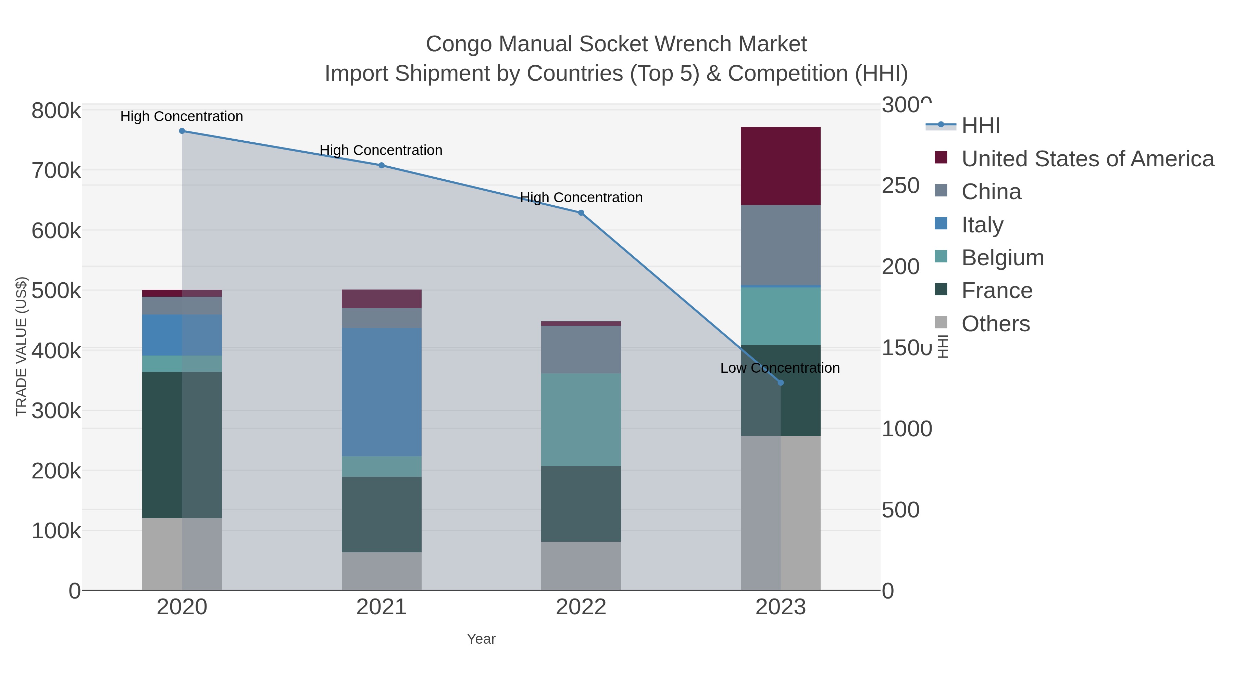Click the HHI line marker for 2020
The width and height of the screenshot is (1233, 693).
click(182, 131)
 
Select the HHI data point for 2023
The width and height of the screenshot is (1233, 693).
click(781, 383)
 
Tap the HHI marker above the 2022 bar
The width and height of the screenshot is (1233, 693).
click(581, 213)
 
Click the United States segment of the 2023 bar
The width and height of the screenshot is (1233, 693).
click(781, 166)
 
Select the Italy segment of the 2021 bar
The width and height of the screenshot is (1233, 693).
click(382, 392)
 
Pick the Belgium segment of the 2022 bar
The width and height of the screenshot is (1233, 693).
click(581, 420)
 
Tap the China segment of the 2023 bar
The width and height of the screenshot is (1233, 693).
click(781, 245)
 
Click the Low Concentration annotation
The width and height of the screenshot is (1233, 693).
click(780, 368)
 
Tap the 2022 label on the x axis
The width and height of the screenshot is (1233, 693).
click(581, 607)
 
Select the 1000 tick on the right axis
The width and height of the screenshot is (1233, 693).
click(907, 429)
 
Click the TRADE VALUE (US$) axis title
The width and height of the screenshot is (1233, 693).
click(22, 346)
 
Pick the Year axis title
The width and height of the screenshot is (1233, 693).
click(481, 639)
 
